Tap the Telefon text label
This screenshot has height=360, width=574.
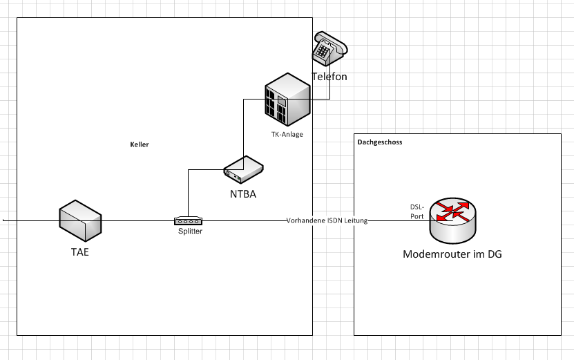tap(329, 77)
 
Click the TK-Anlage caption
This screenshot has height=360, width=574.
tap(287, 134)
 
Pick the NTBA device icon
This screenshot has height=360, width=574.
tap(243, 168)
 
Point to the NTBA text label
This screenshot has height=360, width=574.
tap(243, 194)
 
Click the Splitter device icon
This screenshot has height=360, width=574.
tap(188, 221)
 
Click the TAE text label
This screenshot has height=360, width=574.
tap(80, 252)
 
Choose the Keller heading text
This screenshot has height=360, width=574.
tap(140, 145)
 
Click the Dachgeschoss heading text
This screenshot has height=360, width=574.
tap(380, 142)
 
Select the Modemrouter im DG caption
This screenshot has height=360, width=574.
tap(452, 254)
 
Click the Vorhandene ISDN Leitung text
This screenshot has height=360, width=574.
tap(327, 220)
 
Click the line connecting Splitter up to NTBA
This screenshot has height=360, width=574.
tap(189, 193)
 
